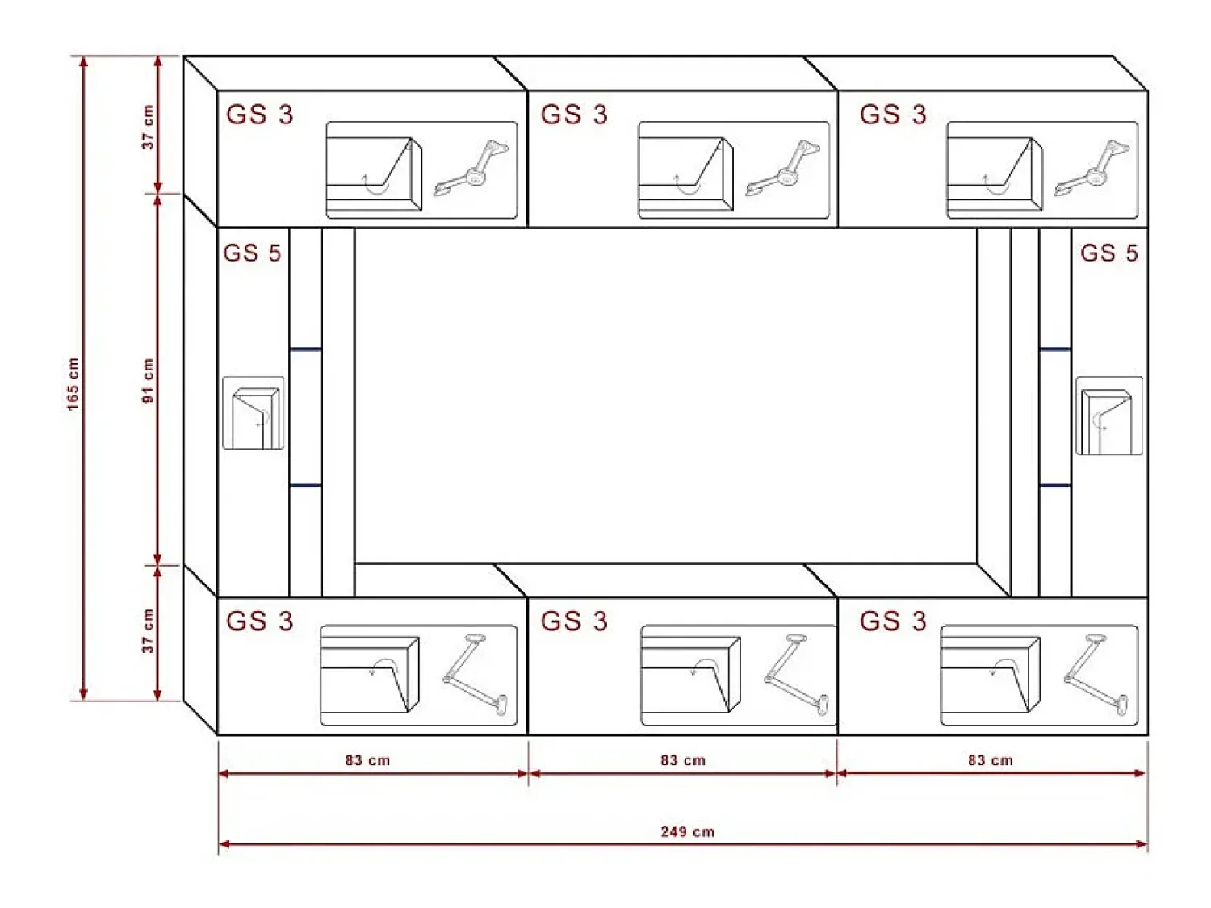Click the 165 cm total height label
point(73,383)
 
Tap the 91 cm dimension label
point(148,380)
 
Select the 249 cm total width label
point(687,831)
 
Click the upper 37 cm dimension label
point(148,127)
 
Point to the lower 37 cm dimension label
point(148,631)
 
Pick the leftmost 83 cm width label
point(367,760)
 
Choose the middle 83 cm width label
point(683,760)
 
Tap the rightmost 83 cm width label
point(991,760)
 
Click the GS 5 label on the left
point(252,253)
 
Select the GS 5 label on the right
point(1109,253)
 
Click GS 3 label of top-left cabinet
point(259,114)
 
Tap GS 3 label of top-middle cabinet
point(574,114)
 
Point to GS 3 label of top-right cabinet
point(893,114)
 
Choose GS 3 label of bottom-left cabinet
point(259,620)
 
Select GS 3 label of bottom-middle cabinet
point(574,620)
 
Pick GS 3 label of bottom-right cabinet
point(893,620)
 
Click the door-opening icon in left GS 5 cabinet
point(254,413)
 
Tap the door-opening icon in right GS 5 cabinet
point(1109,416)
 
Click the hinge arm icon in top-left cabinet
point(471,168)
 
